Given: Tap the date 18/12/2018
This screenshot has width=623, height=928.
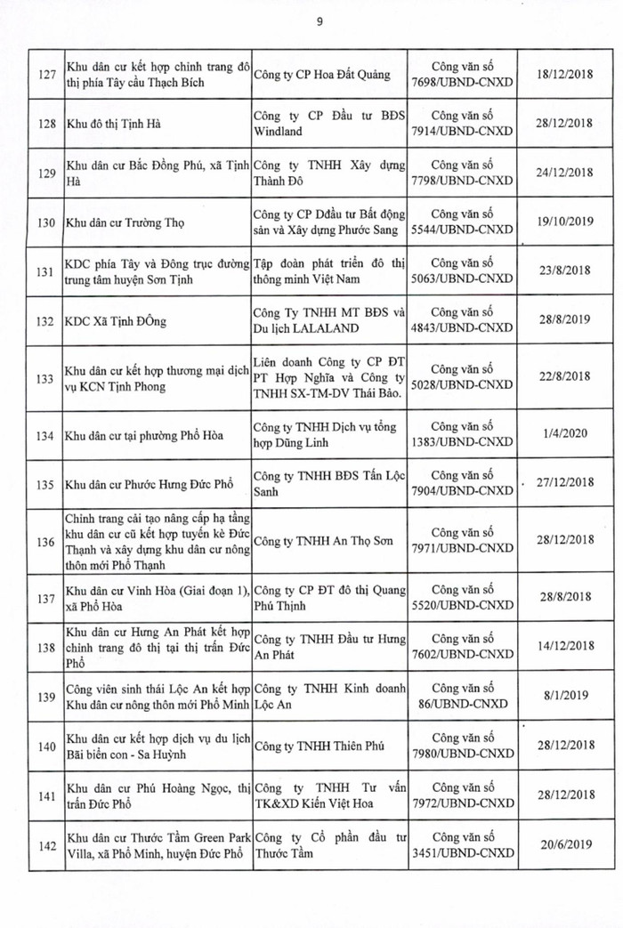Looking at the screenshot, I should coord(562,75).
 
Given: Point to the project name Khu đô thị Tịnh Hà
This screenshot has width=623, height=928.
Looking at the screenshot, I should coord(110,124).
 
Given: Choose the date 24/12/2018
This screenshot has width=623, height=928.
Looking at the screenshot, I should coord(562,173).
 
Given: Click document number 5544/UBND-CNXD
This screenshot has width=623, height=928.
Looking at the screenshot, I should coord(471,230).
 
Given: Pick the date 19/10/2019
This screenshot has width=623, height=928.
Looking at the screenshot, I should coord(562,222).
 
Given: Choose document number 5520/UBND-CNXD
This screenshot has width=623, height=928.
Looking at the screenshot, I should coord(471,602).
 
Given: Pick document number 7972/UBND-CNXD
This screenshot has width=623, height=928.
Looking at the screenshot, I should coord(471,802).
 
